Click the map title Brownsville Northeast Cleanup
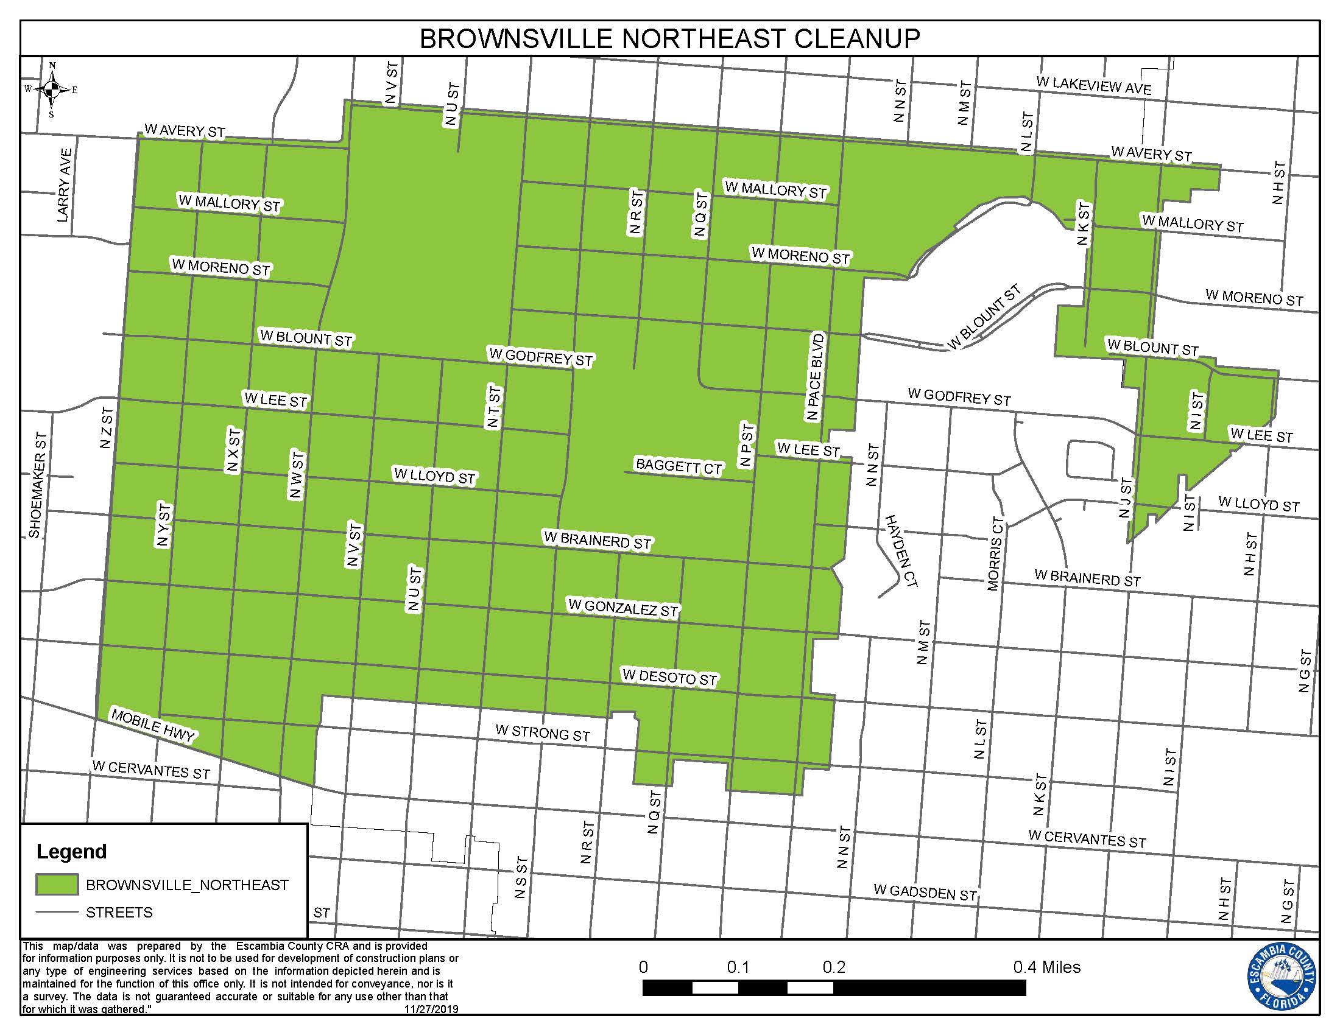(669, 38)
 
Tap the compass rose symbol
(52, 89)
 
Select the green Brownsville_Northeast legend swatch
(57, 885)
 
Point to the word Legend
(72, 852)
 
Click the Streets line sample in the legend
(57, 913)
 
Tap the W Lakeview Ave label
(1093, 85)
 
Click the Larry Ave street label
(65, 185)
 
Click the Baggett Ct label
(679, 466)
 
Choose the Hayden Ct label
(900, 551)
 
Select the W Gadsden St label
(925, 893)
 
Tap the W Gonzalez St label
(622, 608)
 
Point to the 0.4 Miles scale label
(1046, 967)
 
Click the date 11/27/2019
(431, 1009)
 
